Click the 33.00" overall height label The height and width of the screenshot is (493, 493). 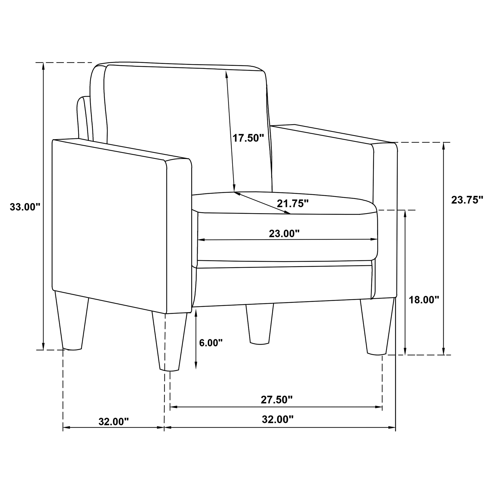(25, 207)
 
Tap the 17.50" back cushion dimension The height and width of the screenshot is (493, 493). (248, 138)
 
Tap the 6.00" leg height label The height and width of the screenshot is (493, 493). (211, 343)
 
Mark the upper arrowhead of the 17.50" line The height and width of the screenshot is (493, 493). (226, 74)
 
